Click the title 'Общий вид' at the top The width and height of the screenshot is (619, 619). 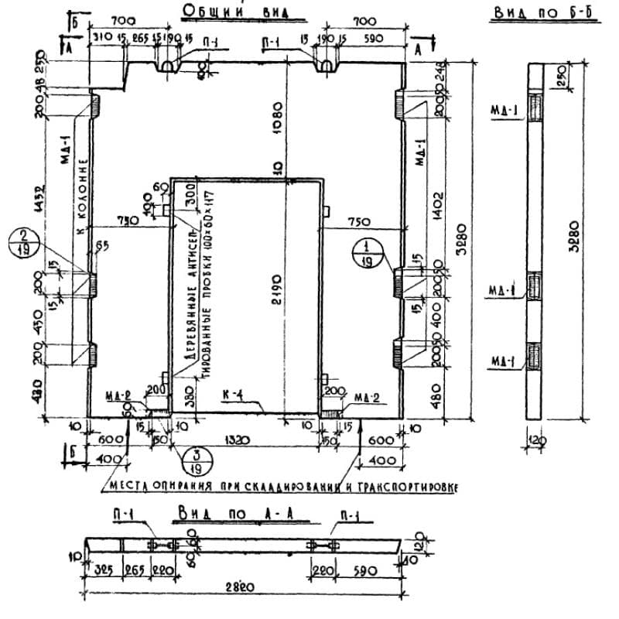tap(231, 11)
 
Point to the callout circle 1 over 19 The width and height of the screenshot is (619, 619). tap(366, 253)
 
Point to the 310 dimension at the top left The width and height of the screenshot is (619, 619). tap(101, 37)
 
